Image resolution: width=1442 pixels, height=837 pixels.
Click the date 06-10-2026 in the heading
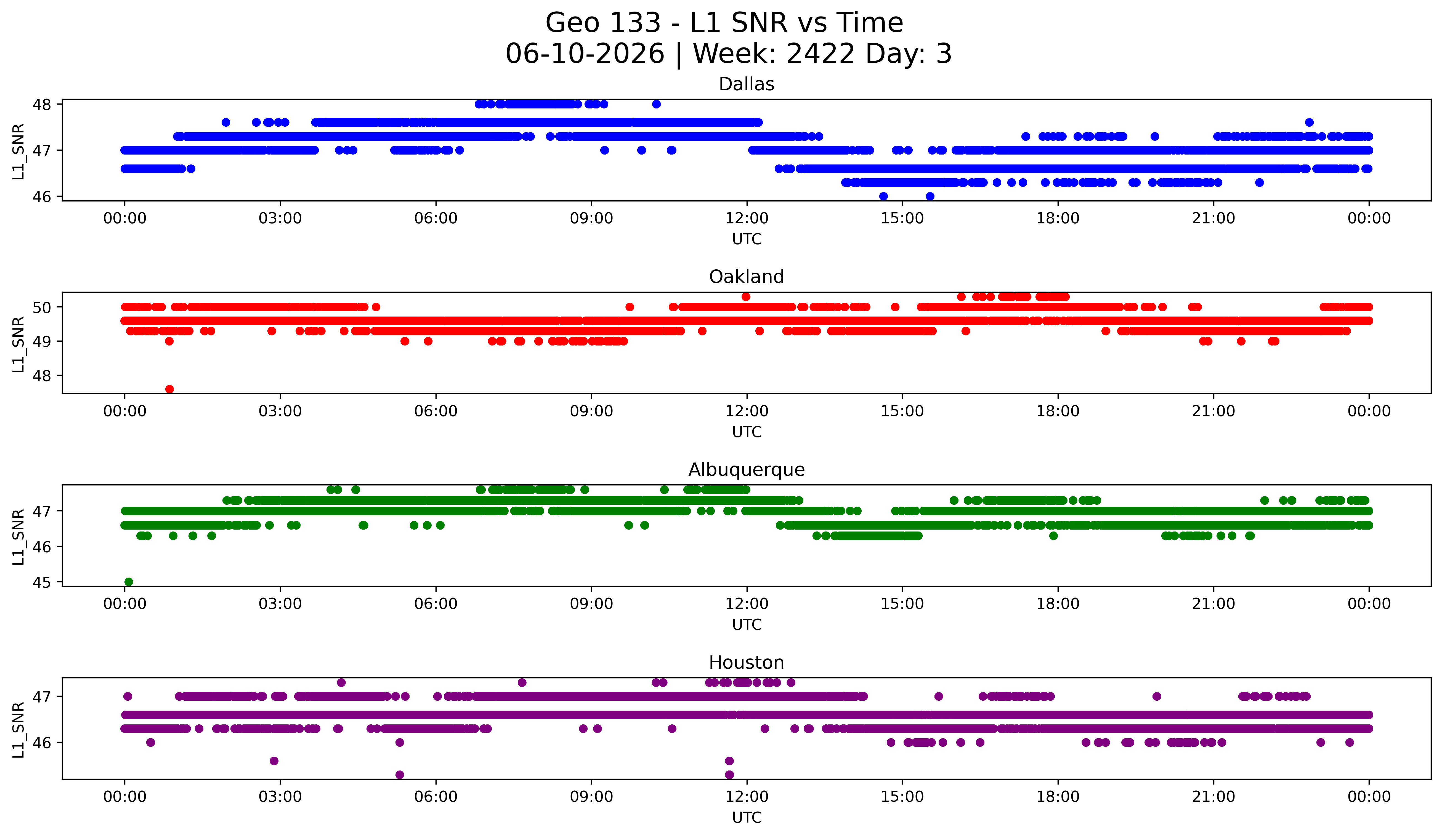pyautogui.click(x=585, y=54)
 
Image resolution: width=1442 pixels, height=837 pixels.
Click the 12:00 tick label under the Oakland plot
pyautogui.click(x=747, y=411)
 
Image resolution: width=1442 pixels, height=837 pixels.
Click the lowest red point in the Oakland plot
pyautogui.click(x=169, y=389)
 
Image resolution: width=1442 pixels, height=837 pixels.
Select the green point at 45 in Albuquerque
pyautogui.click(x=129, y=582)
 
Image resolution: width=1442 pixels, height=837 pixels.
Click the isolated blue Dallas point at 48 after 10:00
pyautogui.click(x=656, y=104)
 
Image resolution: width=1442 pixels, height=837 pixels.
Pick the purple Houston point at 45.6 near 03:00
pyautogui.click(x=274, y=761)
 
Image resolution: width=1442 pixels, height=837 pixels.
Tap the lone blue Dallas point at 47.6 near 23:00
pyautogui.click(x=1309, y=123)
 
